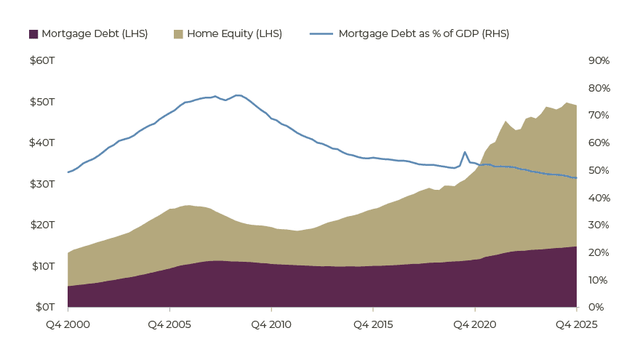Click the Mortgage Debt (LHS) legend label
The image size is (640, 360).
(x=95, y=34)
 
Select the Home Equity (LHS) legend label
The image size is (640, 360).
(x=234, y=34)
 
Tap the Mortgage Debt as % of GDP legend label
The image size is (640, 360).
(x=424, y=34)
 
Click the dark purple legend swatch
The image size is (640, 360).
(x=33, y=34)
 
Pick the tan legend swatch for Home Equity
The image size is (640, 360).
(x=178, y=34)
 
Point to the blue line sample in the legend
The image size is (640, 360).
(x=321, y=34)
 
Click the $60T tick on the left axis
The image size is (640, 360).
(x=42, y=60)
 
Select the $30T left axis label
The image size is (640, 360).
(x=42, y=184)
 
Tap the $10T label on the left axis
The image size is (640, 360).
(x=43, y=266)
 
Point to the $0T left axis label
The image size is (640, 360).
(x=45, y=307)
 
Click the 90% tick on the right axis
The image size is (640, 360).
(x=599, y=60)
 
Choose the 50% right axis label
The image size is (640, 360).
(x=599, y=170)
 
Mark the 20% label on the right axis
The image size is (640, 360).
(x=599, y=252)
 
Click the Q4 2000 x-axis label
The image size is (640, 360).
(x=68, y=324)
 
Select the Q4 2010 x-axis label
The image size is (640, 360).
(x=271, y=324)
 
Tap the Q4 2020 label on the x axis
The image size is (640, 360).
(x=475, y=324)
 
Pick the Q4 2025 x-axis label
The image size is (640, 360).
(x=576, y=324)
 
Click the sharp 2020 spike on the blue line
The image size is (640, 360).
(x=465, y=152)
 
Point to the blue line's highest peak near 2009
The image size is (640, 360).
(x=238, y=95)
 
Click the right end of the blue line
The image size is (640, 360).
(x=576, y=178)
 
